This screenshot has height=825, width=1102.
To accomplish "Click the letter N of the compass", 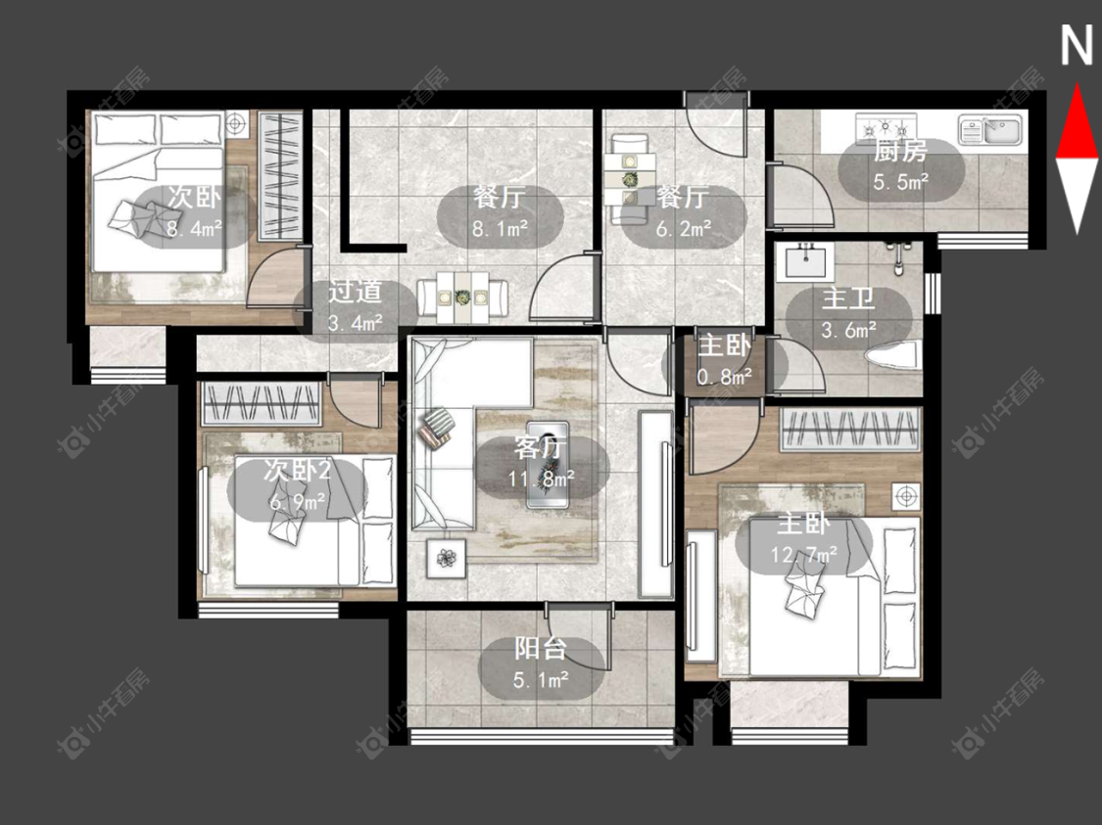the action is tap(1076, 46).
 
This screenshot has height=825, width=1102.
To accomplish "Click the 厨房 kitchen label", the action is tap(900, 151).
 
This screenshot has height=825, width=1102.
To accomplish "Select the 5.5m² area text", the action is tap(901, 183).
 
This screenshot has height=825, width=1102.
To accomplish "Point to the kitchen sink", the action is tap(989, 130).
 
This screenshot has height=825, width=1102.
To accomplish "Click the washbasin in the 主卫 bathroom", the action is tap(806, 261).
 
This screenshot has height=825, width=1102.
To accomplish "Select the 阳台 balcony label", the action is tap(540, 648).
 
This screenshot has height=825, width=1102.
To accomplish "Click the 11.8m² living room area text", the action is tap(541, 479).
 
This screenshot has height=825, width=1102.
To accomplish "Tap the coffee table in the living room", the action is tap(548, 464).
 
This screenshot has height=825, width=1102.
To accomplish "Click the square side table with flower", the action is tap(447, 558).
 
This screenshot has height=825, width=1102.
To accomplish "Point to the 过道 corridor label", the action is tap(355, 292).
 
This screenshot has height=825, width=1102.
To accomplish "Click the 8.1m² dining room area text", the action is tap(500, 228).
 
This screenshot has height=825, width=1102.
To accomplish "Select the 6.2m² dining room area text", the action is tap(683, 228).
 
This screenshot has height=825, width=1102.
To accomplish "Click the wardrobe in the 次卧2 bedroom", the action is tap(262, 404).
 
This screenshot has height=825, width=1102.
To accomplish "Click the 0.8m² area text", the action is tap(725, 378).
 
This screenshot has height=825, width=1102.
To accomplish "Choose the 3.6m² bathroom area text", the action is tap(849, 329).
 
